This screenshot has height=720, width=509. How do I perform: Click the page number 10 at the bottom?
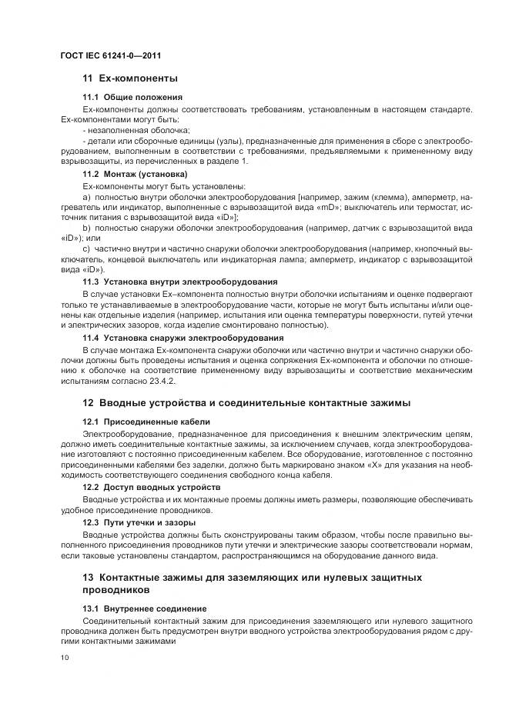[x=65, y=657]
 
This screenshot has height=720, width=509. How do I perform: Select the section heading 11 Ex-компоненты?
[x=130, y=78]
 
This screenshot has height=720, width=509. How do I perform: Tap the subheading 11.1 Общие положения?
[x=132, y=97]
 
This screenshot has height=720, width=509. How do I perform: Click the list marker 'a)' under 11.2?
[x=86, y=197]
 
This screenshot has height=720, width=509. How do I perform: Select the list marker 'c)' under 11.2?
[x=86, y=250]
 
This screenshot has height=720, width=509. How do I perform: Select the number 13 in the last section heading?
[x=88, y=578]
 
